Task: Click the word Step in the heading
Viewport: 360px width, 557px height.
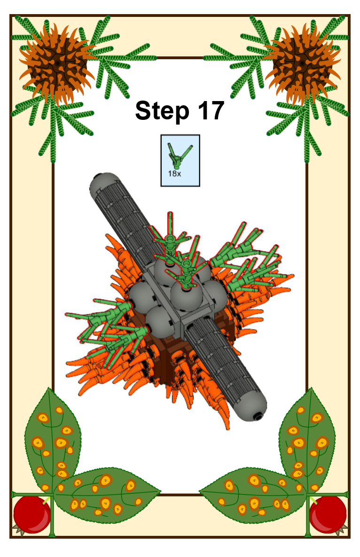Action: tap(162, 111)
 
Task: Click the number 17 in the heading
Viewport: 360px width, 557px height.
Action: tap(211, 110)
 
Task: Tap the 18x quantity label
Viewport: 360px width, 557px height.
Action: tap(174, 174)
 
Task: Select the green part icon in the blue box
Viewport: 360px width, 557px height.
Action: tap(179, 156)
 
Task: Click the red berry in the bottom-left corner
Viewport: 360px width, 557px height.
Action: tap(31, 515)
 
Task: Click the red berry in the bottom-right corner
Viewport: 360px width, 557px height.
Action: tap(328, 515)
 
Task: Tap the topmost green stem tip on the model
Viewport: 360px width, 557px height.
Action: tap(170, 214)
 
